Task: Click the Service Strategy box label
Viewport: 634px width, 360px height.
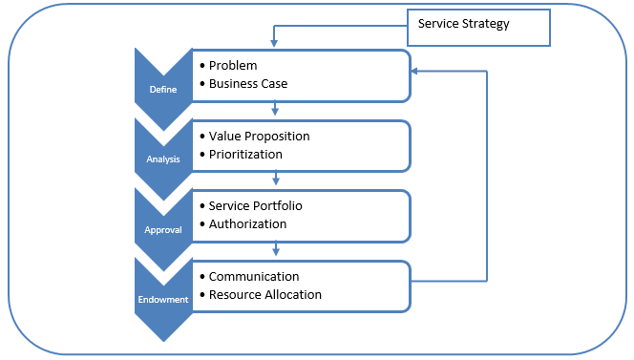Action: tap(463, 24)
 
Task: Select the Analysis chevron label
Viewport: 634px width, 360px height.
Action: tap(163, 159)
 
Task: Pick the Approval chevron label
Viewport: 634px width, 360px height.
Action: tap(162, 229)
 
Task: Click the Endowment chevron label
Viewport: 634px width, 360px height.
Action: tap(162, 299)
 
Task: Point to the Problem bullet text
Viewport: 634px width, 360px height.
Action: tap(233, 65)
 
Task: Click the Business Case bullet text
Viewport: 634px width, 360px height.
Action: tap(248, 83)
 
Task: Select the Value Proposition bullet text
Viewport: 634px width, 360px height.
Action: tap(260, 136)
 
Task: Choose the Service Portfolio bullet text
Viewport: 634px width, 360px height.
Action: tap(256, 206)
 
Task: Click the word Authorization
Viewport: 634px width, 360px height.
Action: tap(247, 224)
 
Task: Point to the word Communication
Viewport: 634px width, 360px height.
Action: tap(254, 277)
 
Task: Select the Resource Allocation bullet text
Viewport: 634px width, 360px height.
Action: tap(265, 295)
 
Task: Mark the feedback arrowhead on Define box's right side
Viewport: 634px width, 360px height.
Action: tap(415, 72)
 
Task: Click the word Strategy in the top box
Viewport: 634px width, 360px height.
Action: tap(487, 24)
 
